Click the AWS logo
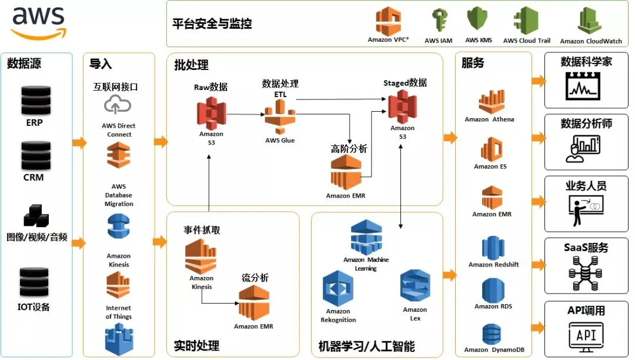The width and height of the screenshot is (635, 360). click(36, 22)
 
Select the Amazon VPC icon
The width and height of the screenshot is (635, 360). click(388, 21)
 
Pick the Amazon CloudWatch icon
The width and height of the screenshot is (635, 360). click(590, 22)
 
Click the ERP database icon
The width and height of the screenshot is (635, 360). click(35, 101)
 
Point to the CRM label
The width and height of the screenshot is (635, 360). click(34, 177)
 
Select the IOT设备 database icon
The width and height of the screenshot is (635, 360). click(34, 282)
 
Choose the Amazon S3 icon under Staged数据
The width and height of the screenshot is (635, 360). click(402, 106)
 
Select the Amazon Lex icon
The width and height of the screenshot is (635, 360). click(415, 286)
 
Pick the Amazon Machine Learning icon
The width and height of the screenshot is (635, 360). click(366, 237)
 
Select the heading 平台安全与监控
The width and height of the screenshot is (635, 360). click(212, 24)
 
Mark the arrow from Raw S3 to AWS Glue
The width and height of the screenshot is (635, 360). click(245, 114)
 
